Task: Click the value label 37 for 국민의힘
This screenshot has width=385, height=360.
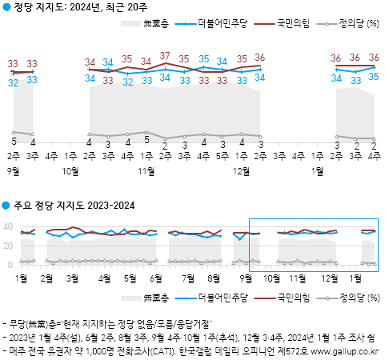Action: (165, 56)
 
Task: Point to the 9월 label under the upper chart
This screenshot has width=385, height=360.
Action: (12, 170)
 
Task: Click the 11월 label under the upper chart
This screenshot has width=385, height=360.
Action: (146, 170)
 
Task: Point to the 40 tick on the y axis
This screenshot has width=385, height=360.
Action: (9, 226)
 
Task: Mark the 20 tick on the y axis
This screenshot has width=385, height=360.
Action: (9, 244)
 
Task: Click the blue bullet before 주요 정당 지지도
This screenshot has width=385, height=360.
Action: (6, 206)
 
